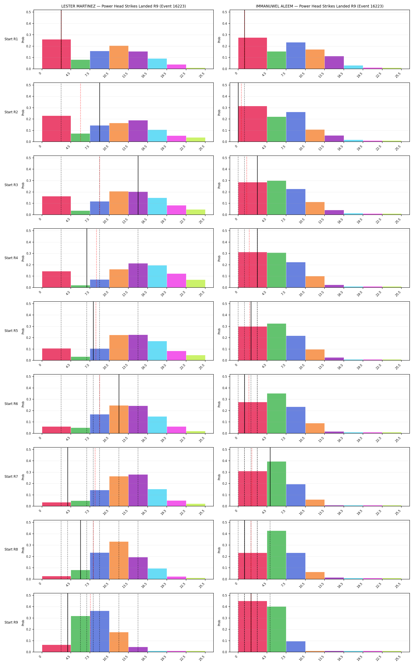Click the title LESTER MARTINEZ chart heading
123,6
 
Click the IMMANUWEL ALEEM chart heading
320,6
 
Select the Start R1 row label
11,39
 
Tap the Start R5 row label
11,331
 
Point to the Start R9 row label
11,622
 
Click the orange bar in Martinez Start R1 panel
119,57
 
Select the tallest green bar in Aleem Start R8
277,555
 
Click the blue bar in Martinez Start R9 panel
100,631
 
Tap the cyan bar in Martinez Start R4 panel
157,276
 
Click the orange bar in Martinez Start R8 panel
119,560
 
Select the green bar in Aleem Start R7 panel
277,484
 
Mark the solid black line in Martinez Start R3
138,185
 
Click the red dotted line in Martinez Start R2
80,112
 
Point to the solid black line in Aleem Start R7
270,477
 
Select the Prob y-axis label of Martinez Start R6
23,404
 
